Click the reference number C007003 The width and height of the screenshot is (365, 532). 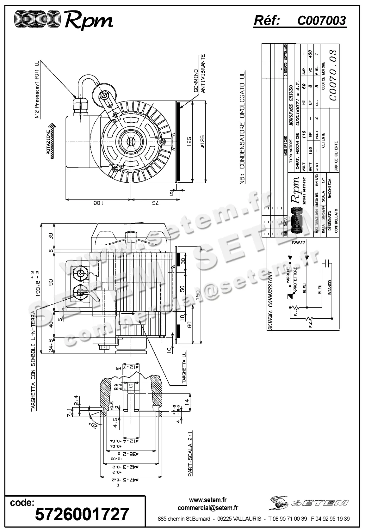click(321, 21)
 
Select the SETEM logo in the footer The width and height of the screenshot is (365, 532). click(310, 503)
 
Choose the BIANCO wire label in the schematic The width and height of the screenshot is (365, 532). click(330, 287)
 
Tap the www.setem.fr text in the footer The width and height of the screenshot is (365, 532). click(208, 500)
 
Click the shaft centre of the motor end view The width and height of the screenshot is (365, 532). click(131, 141)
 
